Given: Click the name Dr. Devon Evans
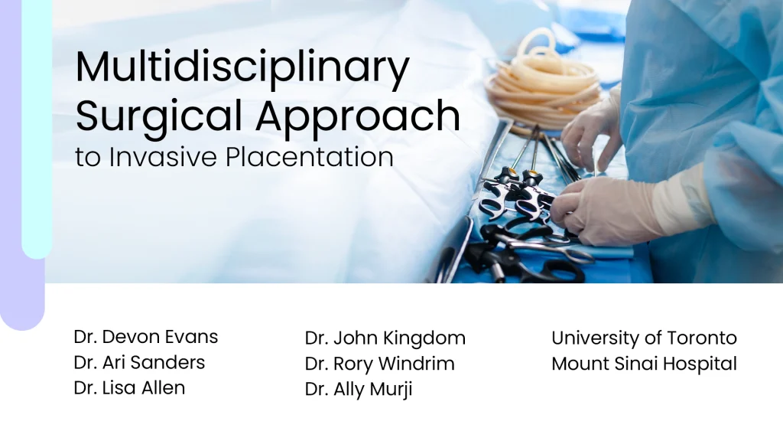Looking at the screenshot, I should tap(146, 336).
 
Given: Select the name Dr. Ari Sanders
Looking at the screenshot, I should tap(139, 362).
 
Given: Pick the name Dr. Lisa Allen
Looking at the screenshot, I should tap(129, 387).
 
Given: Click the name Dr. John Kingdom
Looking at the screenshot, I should tap(385, 338).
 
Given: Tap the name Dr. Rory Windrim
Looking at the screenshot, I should tap(379, 364).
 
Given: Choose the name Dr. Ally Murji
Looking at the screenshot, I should tap(358, 389).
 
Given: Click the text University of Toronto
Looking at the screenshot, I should tap(644, 338).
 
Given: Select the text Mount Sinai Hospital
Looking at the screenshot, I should tap(644, 364).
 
